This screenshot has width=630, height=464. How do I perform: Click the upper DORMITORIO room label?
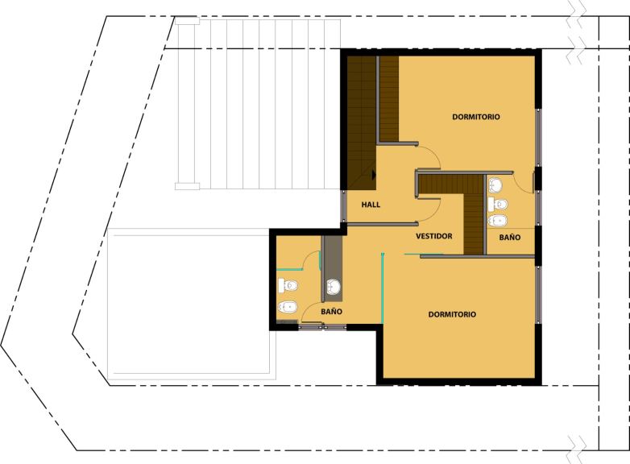coord(476,117)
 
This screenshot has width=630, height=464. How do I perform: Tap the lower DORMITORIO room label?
coord(452,314)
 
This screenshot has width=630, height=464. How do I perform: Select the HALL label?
coord(371,205)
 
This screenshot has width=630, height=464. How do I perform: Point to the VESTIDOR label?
coord(434,236)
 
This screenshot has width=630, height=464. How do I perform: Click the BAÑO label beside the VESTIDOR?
coord(510,238)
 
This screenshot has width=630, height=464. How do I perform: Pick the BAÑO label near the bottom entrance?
coord(331,311)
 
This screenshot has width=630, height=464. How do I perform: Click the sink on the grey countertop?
coord(333,287)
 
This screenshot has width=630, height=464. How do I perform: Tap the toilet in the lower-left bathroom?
coord(288,286)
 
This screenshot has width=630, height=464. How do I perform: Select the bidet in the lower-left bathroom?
coord(288,307)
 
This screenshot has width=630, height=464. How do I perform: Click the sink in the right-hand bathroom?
coord(495,185)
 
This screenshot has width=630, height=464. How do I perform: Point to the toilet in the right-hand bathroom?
coord(498,204)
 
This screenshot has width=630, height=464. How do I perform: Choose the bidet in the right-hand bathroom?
coord(498,221)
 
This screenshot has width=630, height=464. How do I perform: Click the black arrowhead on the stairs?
coord(374,175)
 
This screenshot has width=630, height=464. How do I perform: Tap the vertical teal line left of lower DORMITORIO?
coord(383,288)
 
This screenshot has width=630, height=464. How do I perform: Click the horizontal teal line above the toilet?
coord(289,269)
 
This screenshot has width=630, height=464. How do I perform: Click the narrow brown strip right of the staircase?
coord(389,99)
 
